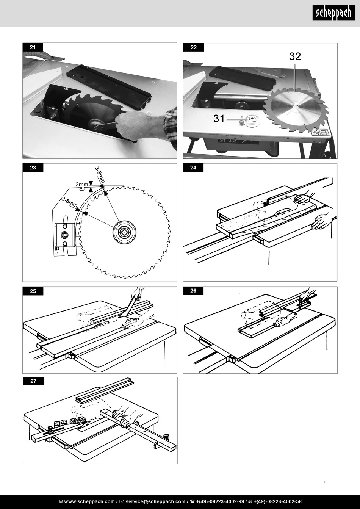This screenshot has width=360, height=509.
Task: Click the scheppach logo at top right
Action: point(333,13)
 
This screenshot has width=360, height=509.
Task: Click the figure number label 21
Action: point(33,47)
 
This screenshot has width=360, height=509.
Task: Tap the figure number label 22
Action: point(194,47)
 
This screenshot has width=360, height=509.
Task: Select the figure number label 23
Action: point(33,168)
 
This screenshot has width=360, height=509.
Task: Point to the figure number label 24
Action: point(194,168)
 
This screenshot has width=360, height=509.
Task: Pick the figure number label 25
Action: point(33,291)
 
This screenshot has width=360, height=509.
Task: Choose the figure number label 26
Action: point(194,291)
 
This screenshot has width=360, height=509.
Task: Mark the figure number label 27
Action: point(33,381)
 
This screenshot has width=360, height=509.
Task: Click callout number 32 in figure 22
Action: point(295,56)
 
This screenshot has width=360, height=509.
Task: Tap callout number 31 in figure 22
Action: point(219,119)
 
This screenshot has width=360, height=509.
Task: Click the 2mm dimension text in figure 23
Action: point(81,184)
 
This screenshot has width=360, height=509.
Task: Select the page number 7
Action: point(324,482)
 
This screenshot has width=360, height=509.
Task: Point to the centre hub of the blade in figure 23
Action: point(124,232)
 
